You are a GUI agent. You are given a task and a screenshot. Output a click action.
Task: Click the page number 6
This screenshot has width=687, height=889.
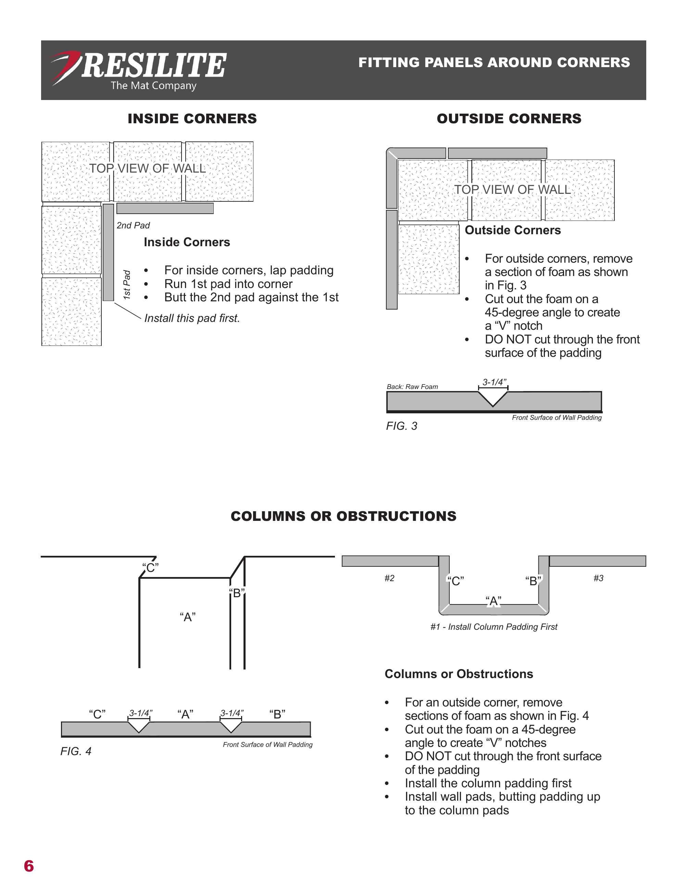(29, 866)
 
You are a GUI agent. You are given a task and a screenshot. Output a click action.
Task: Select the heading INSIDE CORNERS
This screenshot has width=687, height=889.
(192, 118)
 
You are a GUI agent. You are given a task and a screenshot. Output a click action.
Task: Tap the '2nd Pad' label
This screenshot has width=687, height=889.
(133, 226)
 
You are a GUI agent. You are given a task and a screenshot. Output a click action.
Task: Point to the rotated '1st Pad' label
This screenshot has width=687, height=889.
(127, 285)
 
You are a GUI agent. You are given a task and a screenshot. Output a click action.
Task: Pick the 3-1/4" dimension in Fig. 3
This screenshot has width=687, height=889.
(494, 382)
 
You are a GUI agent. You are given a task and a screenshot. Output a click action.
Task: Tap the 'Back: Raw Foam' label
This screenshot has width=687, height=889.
(412, 387)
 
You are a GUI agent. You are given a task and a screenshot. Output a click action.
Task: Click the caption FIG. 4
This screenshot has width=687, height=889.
(76, 751)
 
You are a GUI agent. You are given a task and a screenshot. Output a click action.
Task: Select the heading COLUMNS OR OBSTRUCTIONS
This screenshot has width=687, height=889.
(343, 516)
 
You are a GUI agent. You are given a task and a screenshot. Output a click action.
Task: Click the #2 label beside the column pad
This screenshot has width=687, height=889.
(389, 578)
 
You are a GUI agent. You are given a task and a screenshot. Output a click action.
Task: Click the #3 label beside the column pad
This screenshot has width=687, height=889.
(598, 578)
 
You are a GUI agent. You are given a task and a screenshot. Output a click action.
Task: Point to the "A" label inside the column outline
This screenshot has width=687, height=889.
(187, 617)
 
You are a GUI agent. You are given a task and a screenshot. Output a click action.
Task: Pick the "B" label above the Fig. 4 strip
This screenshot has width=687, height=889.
(277, 714)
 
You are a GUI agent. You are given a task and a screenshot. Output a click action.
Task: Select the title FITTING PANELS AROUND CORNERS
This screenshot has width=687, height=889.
(494, 62)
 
